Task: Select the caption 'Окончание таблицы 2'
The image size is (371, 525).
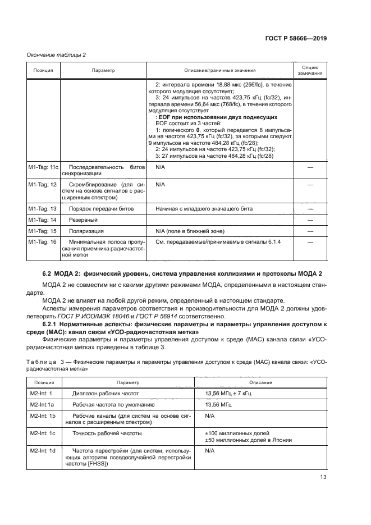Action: pyautogui.click(x=56, y=54)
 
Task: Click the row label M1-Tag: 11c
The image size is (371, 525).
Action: pyautogui.click(x=43, y=168)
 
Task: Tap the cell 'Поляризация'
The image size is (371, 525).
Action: pyautogui.click(x=86, y=231)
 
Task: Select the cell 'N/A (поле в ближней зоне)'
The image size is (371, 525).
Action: pyautogui.click(x=190, y=231)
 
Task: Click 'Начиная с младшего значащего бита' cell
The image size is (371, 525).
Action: pyautogui.click(x=204, y=208)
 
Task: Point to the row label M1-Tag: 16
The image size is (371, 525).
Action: pyautogui.click(x=42, y=242)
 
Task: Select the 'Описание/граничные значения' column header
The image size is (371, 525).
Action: pyautogui.click(x=220, y=71)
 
